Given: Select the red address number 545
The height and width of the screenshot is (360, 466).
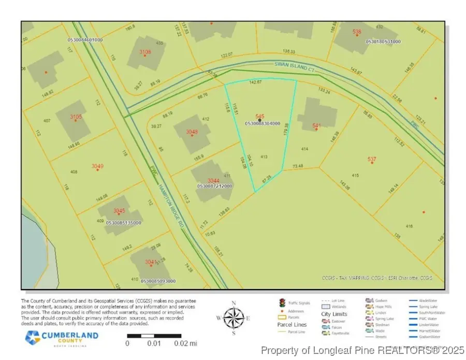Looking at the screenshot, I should pos(260,116).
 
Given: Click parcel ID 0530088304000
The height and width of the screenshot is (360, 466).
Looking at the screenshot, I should pos(262,123).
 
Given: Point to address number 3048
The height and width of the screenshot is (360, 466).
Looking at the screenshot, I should pos(192,132).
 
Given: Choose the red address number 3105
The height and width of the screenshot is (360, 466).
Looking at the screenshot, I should pos(76,117).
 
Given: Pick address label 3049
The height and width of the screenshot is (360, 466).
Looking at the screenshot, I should pos(97,166).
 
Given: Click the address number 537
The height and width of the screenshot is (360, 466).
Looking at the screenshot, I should pos(372,159).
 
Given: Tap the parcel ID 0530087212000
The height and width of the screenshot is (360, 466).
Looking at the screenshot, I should pos(214,185).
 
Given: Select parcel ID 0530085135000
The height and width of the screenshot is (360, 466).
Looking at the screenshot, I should pos(123,223).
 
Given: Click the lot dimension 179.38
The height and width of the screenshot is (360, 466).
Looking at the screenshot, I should pos(285,128).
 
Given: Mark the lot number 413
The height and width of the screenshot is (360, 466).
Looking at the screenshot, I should pos(264,156).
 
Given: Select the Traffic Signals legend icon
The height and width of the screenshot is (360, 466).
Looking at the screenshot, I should pos(282,302).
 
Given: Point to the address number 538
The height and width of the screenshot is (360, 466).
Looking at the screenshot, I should pos(357,32).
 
